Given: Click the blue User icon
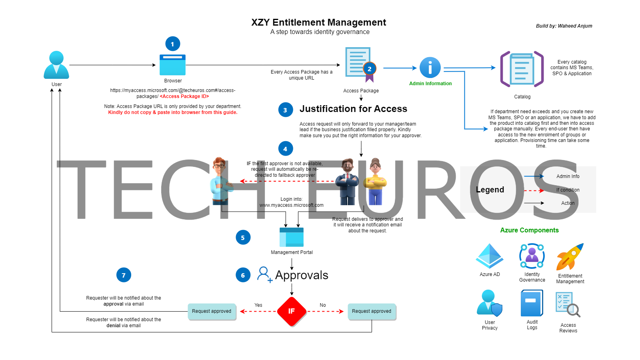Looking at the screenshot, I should (x=56, y=65).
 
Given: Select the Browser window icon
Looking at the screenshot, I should (x=172, y=65).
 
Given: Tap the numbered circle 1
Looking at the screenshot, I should (x=173, y=44).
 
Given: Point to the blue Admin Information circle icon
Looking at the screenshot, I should (x=430, y=68).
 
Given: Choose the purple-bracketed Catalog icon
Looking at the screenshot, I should (x=522, y=69).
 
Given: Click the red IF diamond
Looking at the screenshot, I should (x=292, y=311).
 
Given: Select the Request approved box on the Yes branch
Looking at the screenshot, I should (x=212, y=311).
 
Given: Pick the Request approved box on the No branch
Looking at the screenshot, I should (x=372, y=311).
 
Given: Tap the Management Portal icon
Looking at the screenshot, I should (x=292, y=237).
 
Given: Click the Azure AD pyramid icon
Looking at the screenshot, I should (x=490, y=256).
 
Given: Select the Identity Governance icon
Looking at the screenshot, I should (x=532, y=256).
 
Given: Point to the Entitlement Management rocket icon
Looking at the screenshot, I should (x=570, y=257).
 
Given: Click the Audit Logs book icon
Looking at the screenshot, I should (x=532, y=304).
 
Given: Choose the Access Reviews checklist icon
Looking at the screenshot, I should (x=568, y=304).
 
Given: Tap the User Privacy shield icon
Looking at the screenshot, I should (x=489, y=304).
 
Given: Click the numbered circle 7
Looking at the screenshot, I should (x=124, y=275).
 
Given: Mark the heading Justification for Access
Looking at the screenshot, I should (x=353, y=109).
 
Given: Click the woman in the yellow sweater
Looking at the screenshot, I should (x=375, y=182).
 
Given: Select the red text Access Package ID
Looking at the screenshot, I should (x=184, y=96).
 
